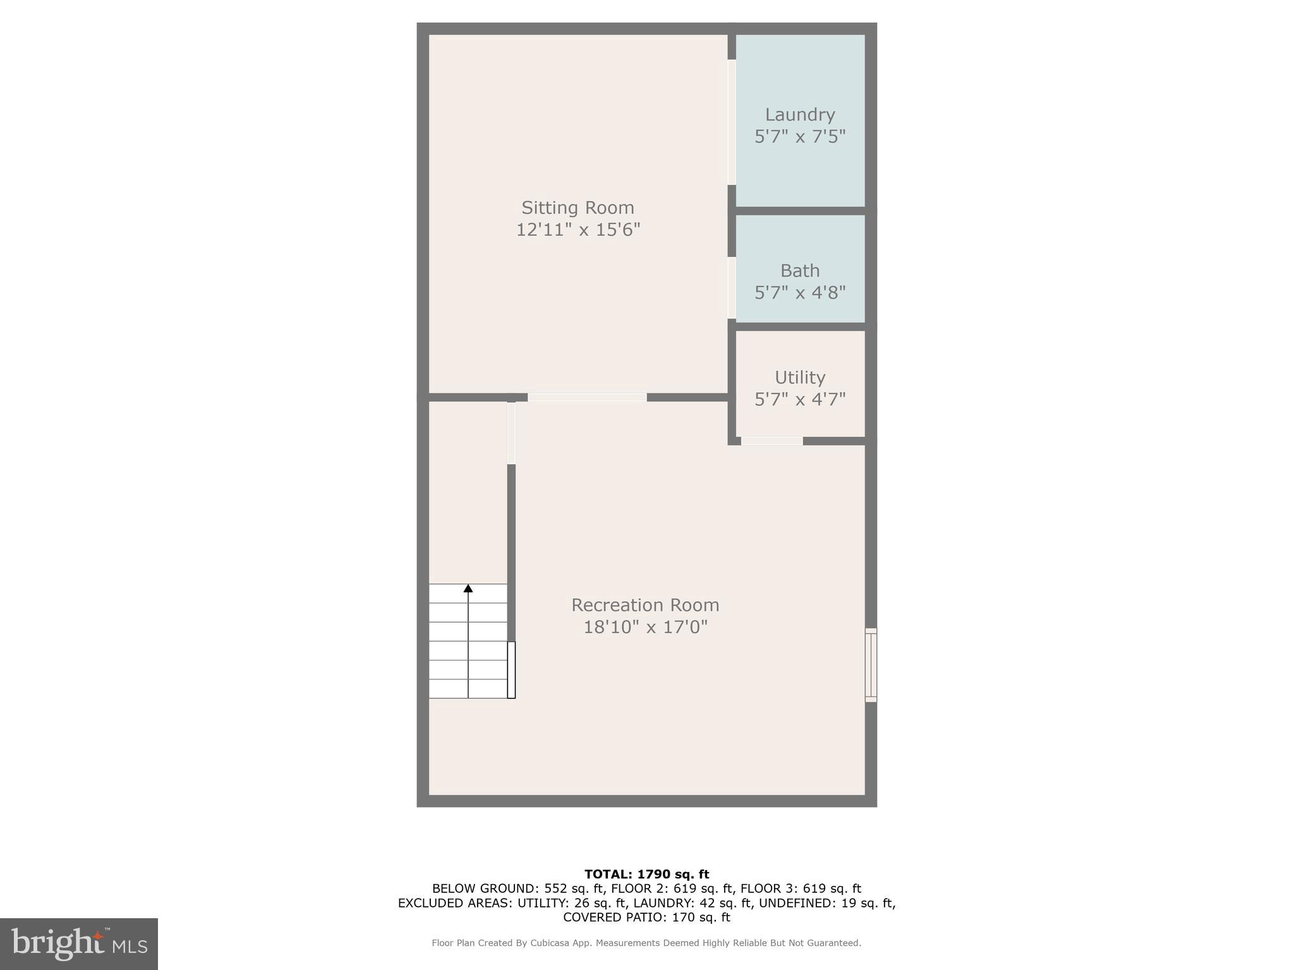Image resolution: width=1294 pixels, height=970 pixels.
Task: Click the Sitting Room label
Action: [577, 208]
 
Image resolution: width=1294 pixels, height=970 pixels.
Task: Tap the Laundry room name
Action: [800, 114]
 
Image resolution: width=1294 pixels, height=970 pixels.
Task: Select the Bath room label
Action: [800, 270]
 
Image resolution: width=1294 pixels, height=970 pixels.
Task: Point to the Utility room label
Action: [800, 377]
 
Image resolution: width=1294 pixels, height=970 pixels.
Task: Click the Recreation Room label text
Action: [645, 605]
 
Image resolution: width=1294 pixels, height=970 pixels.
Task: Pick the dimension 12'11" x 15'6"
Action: [578, 230]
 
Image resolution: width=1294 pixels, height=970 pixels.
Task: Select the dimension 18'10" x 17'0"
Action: [645, 627]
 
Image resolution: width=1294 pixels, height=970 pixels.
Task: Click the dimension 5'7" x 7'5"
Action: [800, 136]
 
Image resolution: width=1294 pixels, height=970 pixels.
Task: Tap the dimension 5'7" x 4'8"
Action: [800, 292]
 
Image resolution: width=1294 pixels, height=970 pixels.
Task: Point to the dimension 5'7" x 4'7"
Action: [800, 399]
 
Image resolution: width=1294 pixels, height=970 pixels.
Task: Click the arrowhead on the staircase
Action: [468, 589]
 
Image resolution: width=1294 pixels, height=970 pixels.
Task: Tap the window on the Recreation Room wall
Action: [871, 665]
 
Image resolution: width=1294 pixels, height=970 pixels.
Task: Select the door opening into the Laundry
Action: [732, 122]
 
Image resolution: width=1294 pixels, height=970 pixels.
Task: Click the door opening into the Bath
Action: [732, 287]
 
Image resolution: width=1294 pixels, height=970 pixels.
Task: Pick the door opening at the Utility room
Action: [771, 441]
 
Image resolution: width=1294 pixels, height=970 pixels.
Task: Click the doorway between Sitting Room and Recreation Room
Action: [587, 397]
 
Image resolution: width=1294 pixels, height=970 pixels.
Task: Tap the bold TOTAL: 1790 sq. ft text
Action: [646, 874]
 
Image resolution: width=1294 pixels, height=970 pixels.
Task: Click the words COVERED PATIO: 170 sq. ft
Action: [646, 917]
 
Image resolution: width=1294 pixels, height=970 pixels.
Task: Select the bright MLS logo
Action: [79, 943]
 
